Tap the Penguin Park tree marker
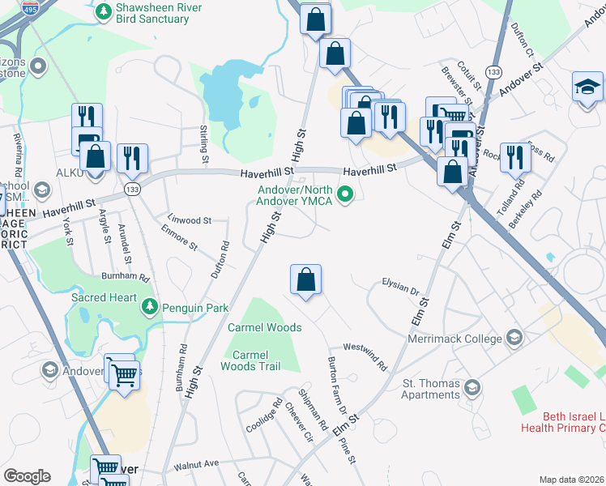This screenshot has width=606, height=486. pyautogui.click(x=149, y=307)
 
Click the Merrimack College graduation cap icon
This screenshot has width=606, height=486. pyautogui.click(x=513, y=337)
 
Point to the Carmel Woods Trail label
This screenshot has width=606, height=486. pyautogui.click(x=250, y=360)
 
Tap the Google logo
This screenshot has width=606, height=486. pyautogui.click(x=27, y=476)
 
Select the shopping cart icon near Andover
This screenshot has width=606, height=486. pyautogui.click(x=124, y=374)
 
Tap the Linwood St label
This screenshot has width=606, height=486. pyautogui.click(x=190, y=220)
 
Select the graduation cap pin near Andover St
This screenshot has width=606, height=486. pyautogui.click(x=587, y=87)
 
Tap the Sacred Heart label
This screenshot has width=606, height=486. pyautogui.click(x=104, y=297)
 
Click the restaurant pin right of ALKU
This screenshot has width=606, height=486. pyautogui.click(x=132, y=159)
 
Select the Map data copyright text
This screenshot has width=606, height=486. pyautogui.click(x=572, y=480)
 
